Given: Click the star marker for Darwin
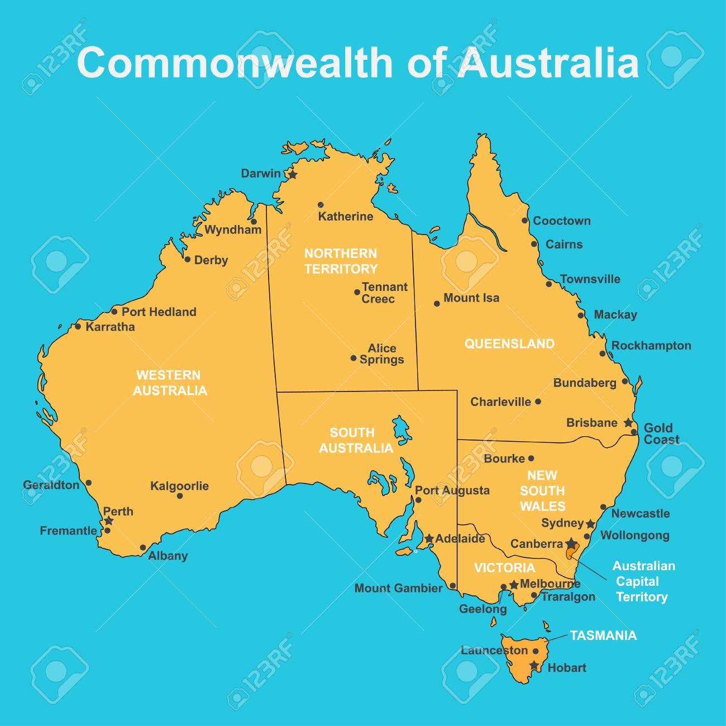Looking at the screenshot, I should (293, 174).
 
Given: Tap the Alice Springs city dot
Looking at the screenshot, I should (353, 358).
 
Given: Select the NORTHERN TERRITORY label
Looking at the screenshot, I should (341, 261).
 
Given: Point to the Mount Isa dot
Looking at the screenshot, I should (437, 304).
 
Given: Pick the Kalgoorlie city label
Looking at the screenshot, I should (179, 486).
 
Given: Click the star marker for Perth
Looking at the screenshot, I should (109, 520).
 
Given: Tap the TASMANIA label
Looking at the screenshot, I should (603, 635).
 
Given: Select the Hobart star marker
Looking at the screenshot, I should (535, 665).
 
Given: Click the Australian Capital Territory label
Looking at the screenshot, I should (643, 581).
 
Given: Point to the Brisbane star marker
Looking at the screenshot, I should (628, 423).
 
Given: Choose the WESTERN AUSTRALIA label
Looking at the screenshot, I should (169, 383).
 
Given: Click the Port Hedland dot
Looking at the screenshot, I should (114, 312).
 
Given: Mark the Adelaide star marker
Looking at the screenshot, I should (428, 539).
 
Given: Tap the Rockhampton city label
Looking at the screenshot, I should (651, 346).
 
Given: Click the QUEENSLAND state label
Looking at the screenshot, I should (509, 344).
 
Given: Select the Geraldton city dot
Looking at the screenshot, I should (88, 483).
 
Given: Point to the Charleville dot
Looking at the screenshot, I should (538, 402).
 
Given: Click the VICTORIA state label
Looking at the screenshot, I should (504, 568).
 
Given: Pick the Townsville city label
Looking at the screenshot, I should (590, 279).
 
